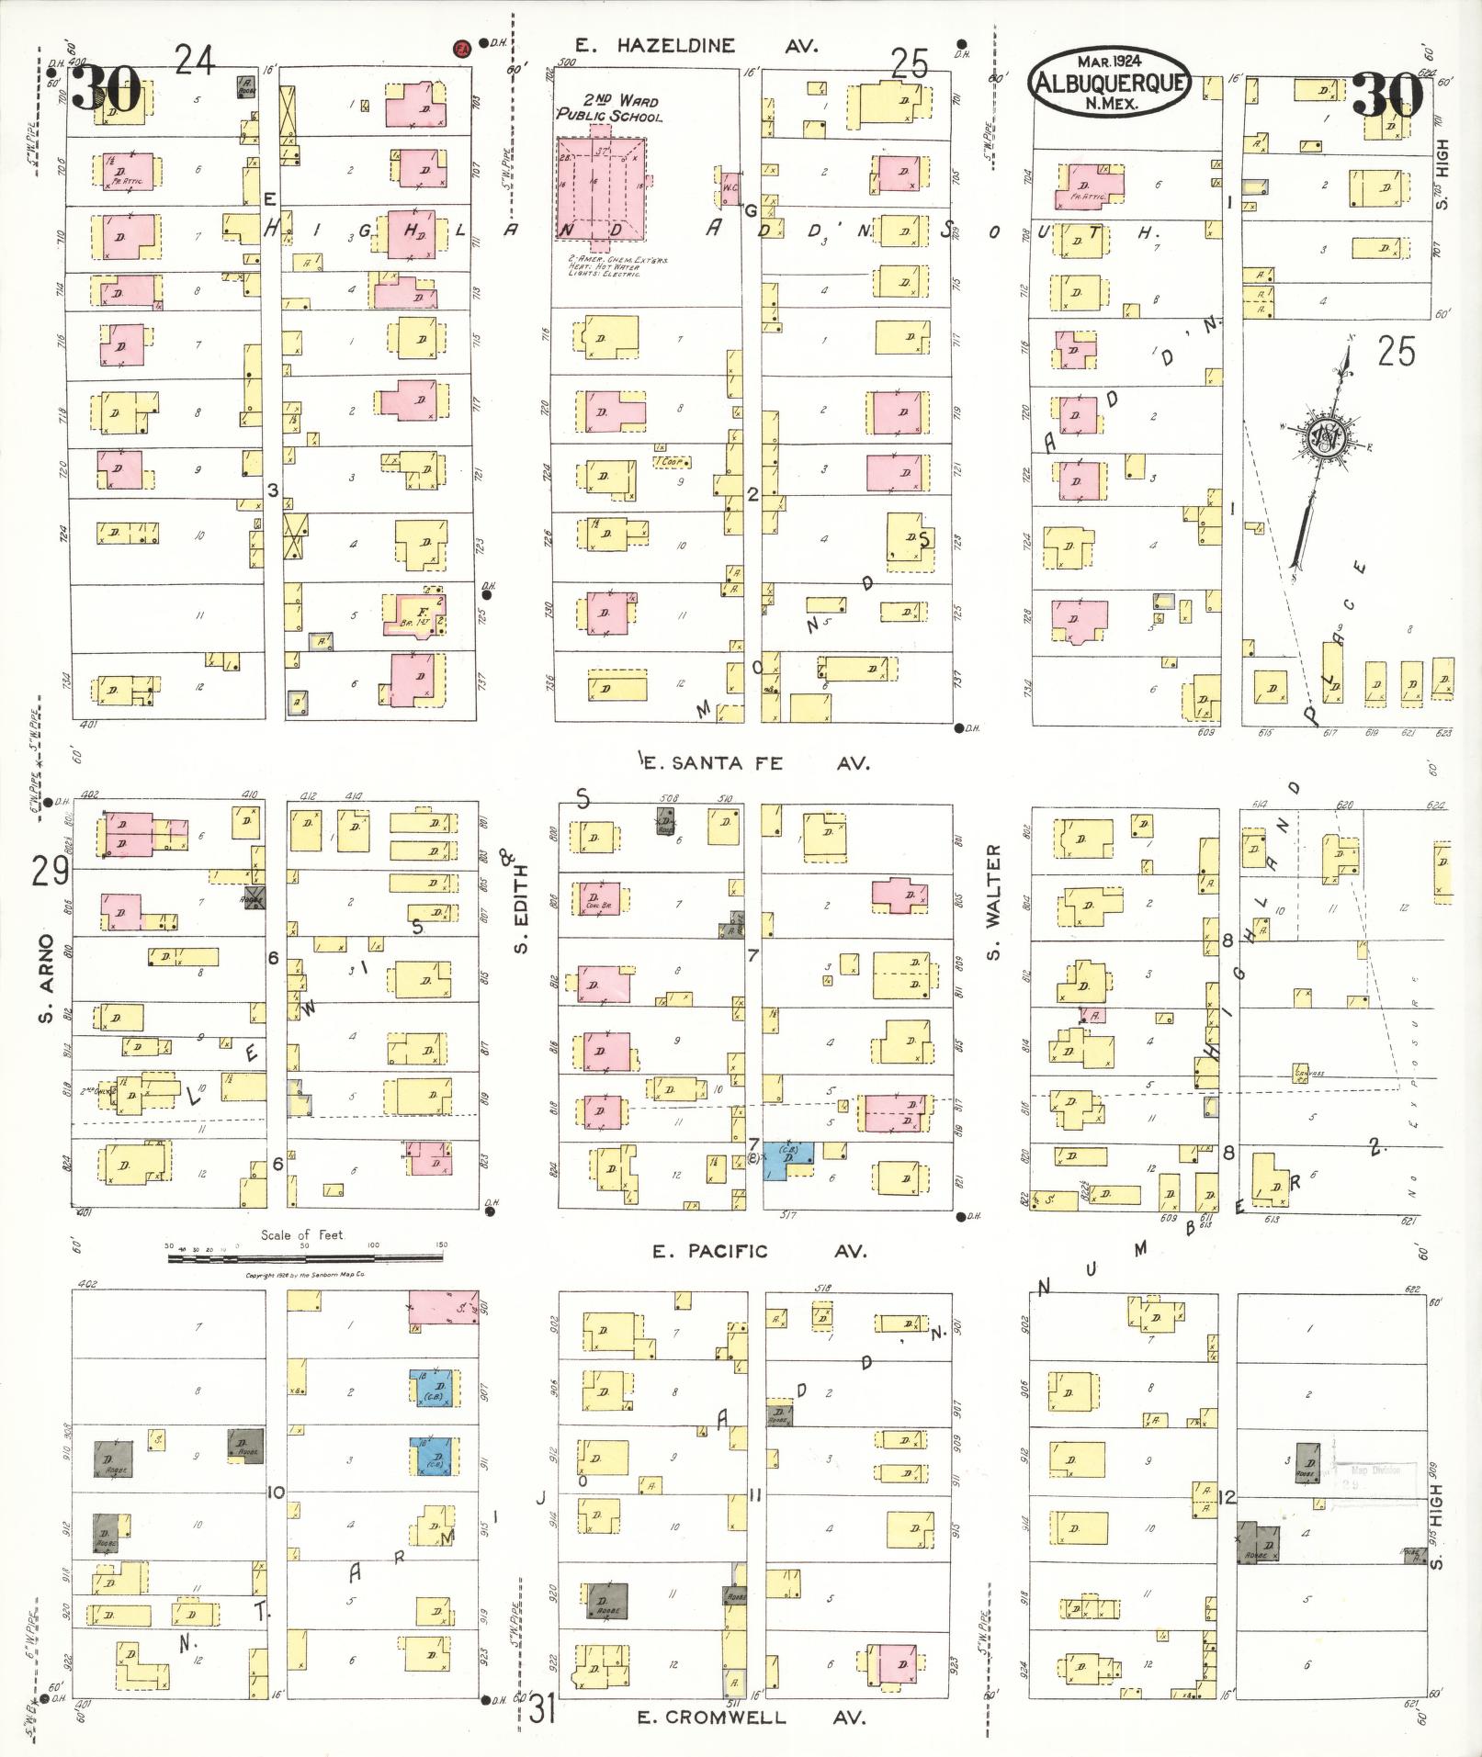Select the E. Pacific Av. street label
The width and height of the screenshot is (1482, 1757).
click(759, 1250)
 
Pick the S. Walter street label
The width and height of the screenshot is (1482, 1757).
click(993, 902)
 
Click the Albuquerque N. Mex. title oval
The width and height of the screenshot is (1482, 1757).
click(1109, 82)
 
